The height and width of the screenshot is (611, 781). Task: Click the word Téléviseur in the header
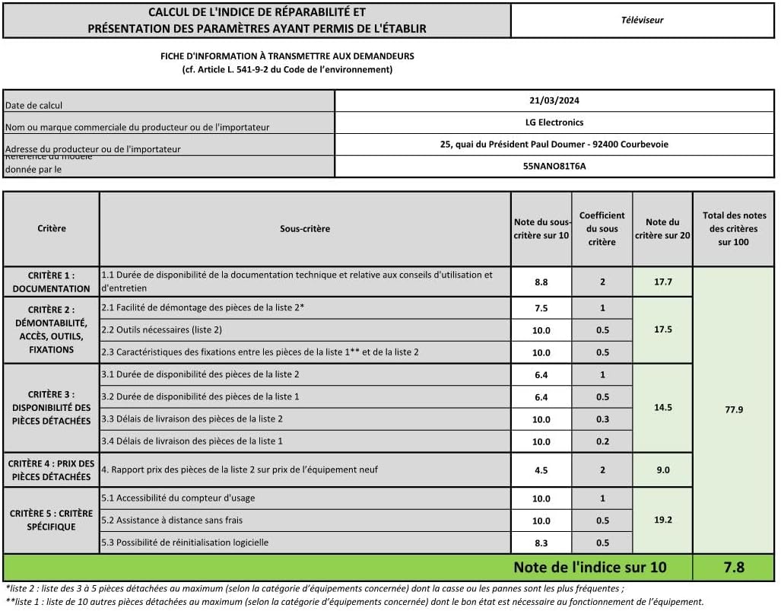click(642, 20)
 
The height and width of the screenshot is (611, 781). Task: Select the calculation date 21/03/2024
click(554, 100)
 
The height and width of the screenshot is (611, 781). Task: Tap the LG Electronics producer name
click(554, 122)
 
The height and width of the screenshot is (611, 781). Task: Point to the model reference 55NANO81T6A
click(554, 166)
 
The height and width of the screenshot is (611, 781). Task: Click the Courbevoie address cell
click(554, 144)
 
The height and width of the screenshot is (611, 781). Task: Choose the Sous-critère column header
click(304, 228)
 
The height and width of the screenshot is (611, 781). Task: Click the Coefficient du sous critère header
click(602, 228)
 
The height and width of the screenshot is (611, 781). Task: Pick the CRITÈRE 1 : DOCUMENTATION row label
click(51, 282)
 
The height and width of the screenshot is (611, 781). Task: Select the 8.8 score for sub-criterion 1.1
click(541, 282)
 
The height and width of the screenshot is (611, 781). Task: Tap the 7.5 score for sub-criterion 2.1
click(541, 308)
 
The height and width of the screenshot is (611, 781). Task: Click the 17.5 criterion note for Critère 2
click(662, 329)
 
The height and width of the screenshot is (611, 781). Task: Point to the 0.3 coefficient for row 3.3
click(602, 419)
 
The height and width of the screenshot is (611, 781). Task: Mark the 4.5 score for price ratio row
click(541, 470)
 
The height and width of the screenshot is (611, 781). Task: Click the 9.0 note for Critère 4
click(662, 470)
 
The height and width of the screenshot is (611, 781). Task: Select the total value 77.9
click(734, 409)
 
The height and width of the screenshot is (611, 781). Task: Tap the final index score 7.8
click(734, 567)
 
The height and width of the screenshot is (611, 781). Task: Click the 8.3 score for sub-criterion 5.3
click(541, 543)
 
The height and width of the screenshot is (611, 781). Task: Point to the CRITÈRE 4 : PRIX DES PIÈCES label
click(51, 470)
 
